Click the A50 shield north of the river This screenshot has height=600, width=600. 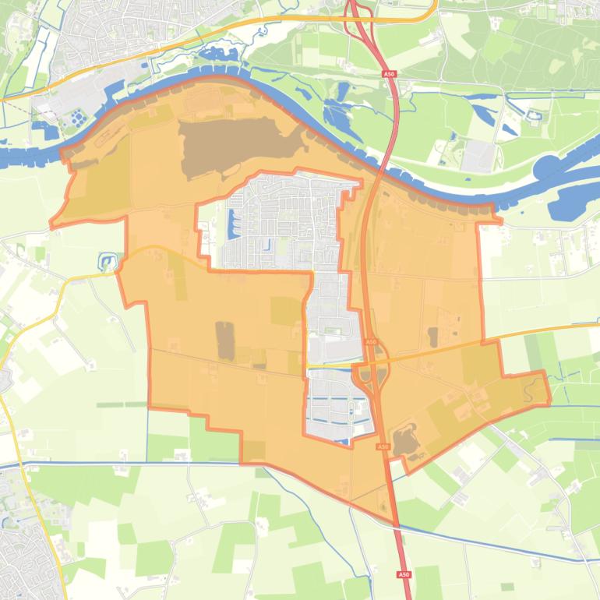[388, 74]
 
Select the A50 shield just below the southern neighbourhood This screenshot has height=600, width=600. [382, 446]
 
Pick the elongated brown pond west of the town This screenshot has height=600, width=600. [225, 341]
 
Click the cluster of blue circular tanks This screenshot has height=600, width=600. [79, 118]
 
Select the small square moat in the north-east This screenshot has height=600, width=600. [534, 118]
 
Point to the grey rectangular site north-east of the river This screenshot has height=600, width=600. [478, 157]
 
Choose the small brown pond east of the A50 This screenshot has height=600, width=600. [432, 337]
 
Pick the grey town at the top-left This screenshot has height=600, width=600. [117, 31]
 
